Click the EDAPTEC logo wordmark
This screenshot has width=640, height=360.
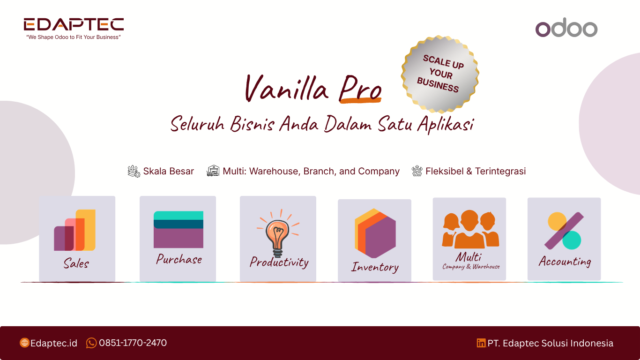74,24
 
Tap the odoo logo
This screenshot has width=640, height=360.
566,28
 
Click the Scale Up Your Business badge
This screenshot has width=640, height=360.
440,74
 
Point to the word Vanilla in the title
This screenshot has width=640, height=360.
287,88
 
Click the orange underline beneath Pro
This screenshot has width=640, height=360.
360,100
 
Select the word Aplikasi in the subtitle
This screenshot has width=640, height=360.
446,124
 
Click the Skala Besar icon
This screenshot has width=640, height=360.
134,171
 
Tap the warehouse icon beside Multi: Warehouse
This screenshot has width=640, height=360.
213,171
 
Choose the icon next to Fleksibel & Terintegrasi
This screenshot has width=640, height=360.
417,171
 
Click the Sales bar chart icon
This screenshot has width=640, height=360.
74,230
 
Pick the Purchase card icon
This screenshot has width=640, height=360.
179,229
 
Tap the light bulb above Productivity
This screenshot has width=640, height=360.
278,233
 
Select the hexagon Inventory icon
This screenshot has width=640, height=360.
375,233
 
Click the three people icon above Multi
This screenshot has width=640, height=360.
470,229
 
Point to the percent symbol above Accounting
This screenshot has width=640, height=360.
564,231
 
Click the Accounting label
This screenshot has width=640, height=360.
565,262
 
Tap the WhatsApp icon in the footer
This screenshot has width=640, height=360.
91,343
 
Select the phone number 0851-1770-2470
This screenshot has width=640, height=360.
133,343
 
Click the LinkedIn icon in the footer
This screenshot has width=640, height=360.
481,343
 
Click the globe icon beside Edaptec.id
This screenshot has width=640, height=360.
24,343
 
